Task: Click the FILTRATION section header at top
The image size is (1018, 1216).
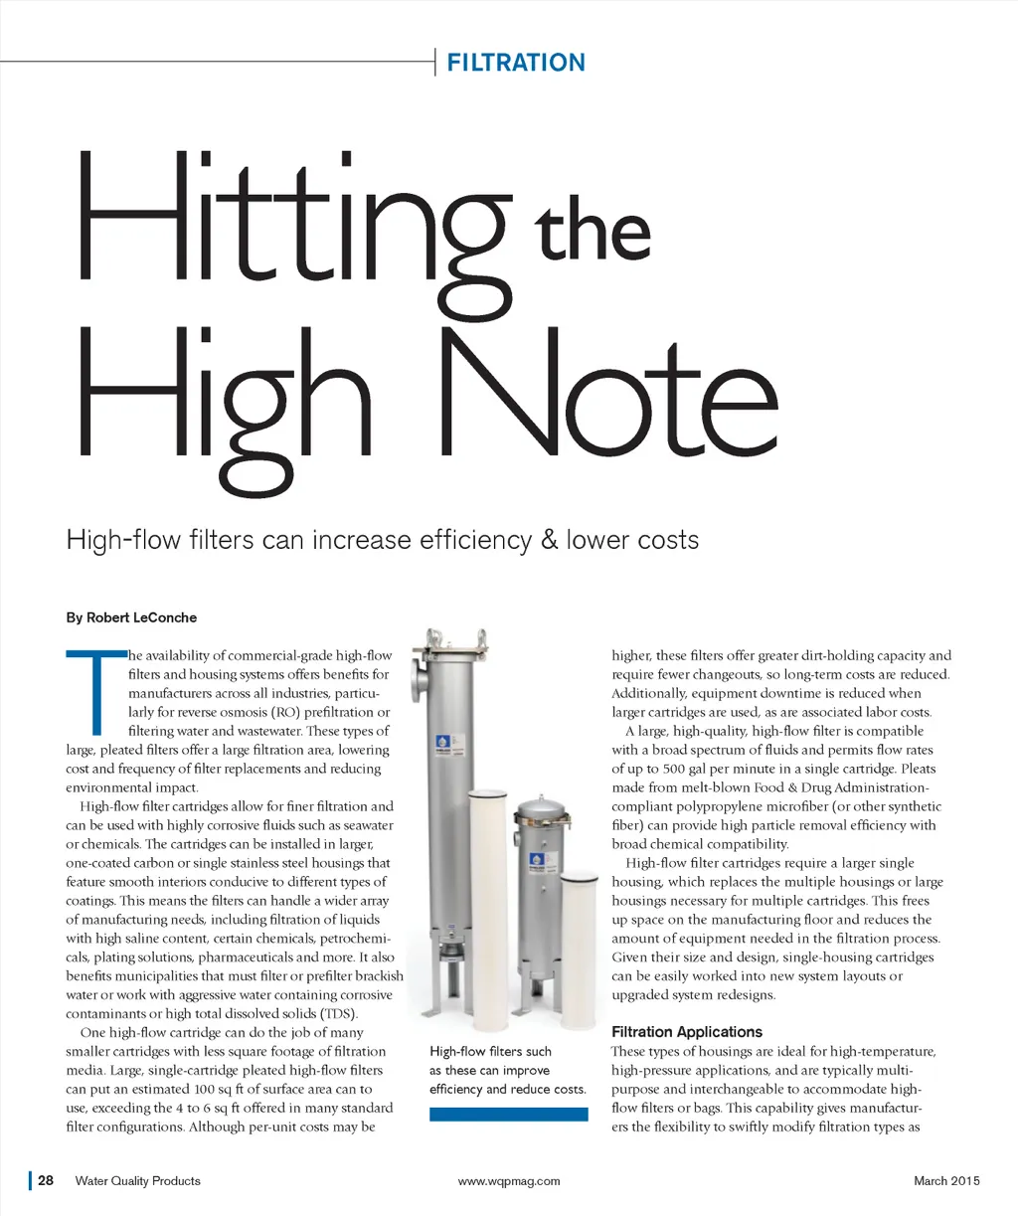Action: pos(516,63)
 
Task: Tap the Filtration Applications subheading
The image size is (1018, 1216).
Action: pos(687,1032)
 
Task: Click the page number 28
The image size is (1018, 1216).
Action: pos(47,1181)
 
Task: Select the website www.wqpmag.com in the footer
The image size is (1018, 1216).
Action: pos(509,1181)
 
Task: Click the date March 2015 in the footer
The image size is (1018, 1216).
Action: pos(946,1181)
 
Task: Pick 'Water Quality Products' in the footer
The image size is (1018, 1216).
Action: pos(138,1181)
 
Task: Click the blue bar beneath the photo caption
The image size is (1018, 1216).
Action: pos(508,1115)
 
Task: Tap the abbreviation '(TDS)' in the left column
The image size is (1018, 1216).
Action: pos(338,1013)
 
